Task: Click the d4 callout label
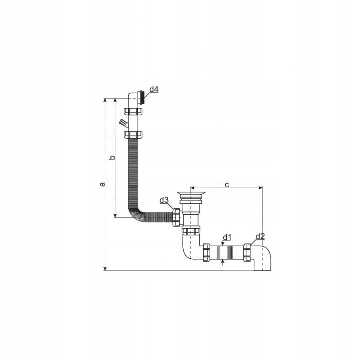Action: (154, 89)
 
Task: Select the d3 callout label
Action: (164, 200)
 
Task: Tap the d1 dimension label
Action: (227, 237)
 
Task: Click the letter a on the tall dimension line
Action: (103, 184)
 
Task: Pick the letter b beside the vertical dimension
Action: (112, 157)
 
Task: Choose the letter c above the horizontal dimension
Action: (227, 184)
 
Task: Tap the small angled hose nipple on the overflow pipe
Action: (123, 123)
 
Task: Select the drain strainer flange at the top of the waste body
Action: (191, 193)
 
